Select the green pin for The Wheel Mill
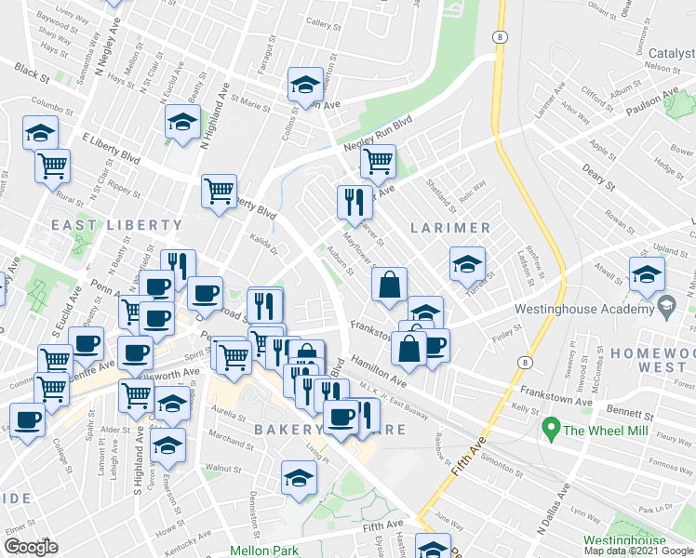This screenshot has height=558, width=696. coord(550,430)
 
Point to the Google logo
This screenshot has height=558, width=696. coord(31,547)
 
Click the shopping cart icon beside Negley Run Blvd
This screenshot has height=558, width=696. coord(377,161)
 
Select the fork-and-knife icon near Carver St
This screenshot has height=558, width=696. coord(354,201)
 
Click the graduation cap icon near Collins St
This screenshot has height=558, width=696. coord(302,86)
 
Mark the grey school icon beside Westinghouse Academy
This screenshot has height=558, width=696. coord(666,304)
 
